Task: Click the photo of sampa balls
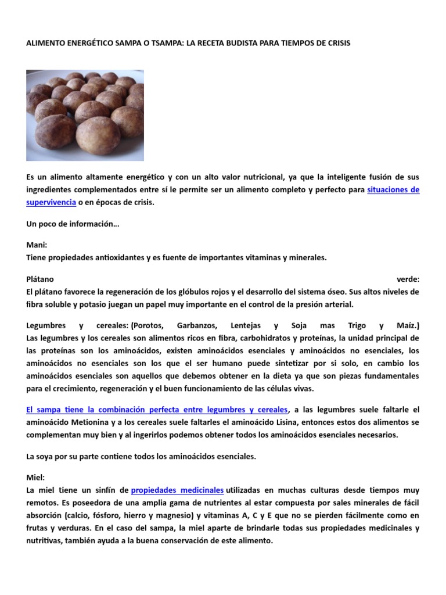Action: (85, 115)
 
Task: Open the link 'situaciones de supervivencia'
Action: (393, 190)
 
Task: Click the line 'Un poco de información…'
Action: (73, 224)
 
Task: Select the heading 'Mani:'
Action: (37, 245)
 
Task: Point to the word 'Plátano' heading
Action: (40, 279)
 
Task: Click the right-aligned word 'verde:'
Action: (408, 279)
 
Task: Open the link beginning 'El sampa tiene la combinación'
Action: (157, 410)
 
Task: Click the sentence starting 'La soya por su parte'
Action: (141, 457)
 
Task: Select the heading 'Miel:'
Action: (35, 478)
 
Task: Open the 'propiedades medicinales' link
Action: (177, 490)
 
